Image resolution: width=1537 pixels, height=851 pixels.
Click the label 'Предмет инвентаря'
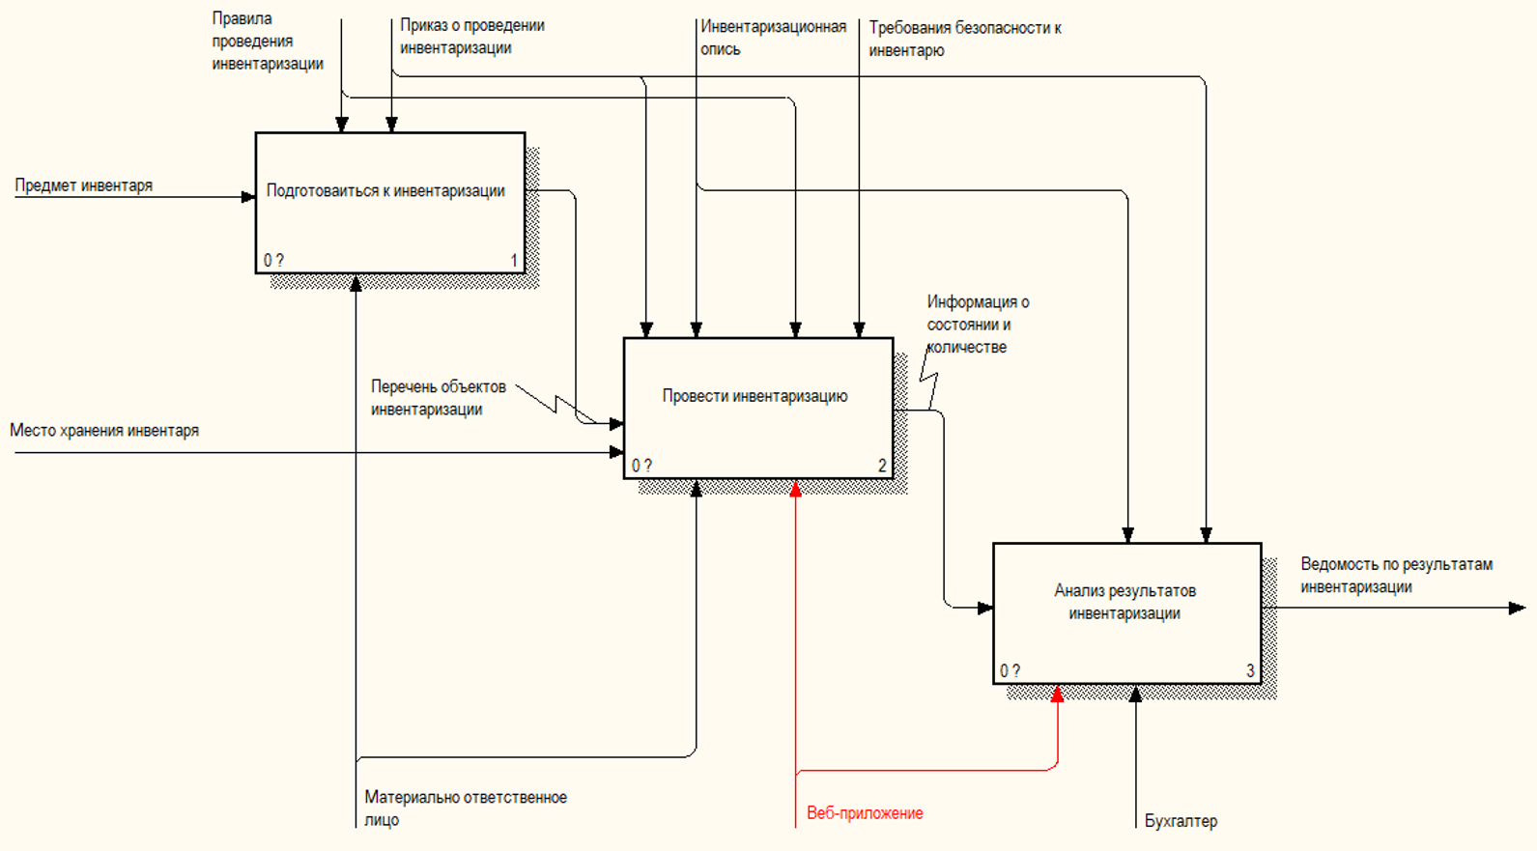click(x=84, y=185)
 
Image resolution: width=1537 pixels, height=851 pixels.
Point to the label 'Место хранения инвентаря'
click(x=104, y=431)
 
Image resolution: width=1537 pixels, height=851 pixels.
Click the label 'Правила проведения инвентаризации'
click(x=268, y=42)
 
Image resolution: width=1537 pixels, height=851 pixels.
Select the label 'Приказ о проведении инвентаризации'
click(x=471, y=37)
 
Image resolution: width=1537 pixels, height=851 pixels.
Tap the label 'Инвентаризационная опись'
click(x=773, y=38)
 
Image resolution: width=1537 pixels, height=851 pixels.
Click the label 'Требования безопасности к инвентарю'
click(x=964, y=39)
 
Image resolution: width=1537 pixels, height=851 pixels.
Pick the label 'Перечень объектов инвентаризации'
click(x=438, y=398)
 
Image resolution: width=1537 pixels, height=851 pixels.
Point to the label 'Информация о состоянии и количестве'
click(x=977, y=325)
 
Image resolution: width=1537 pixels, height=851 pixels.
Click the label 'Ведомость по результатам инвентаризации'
click(x=1396, y=576)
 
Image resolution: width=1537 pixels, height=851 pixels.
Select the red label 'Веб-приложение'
click(x=865, y=813)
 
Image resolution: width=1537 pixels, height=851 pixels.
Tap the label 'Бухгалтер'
click(x=1181, y=821)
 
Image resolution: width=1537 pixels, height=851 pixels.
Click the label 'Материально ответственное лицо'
click(x=465, y=808)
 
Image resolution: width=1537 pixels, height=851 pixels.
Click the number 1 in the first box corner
click(x=514, y=260)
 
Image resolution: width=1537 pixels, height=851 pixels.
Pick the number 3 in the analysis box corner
click(x=1250, y=670)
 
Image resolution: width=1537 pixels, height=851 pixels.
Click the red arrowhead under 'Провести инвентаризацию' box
click(x=796, y=489)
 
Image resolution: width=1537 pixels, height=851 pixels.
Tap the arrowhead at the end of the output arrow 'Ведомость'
click(x=1518, y=609)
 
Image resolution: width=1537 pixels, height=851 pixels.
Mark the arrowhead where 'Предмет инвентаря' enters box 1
click(x=248, y=197)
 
